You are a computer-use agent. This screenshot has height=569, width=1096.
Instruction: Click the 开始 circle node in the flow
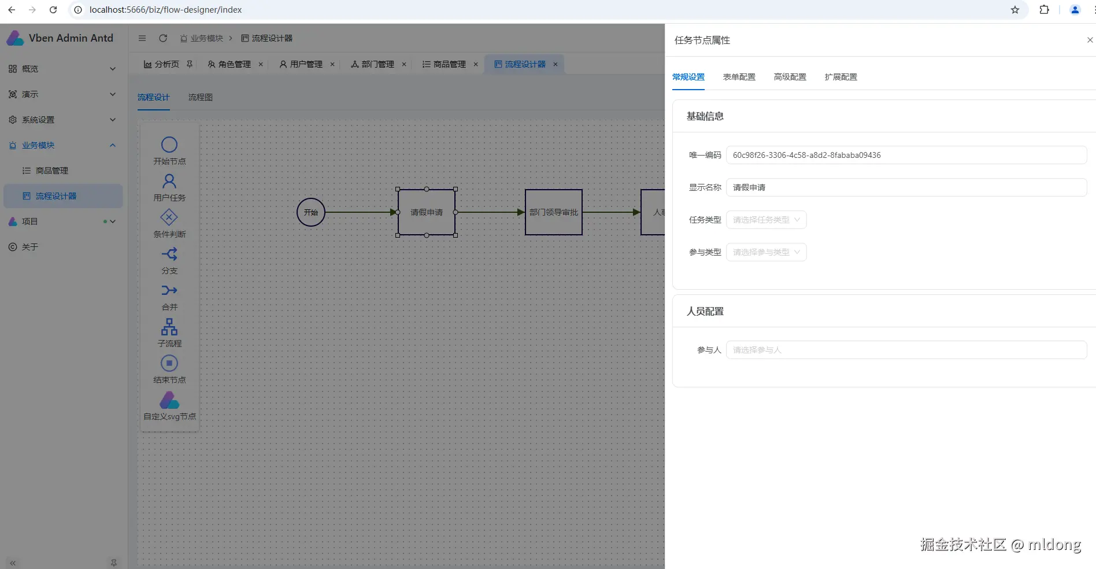(311, 212)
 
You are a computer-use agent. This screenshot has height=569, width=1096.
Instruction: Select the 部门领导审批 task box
(553, 212)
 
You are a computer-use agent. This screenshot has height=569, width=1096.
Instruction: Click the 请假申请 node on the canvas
(427, 212)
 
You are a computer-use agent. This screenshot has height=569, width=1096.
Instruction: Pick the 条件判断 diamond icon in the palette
(169, 217)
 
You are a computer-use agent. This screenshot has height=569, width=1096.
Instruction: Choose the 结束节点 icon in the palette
(169, 363)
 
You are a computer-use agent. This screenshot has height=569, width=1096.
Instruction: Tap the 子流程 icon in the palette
(169, 327)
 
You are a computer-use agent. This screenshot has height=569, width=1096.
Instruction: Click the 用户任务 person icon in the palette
(169, 181)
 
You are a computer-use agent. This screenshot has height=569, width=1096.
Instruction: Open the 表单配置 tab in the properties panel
(739, 77)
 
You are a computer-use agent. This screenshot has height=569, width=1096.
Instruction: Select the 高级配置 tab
(790, 77)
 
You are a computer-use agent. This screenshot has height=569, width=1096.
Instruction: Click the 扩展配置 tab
(840, 77)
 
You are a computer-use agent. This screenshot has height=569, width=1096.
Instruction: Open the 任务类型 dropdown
(766, 220)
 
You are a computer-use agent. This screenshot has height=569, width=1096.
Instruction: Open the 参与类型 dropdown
(766, 252)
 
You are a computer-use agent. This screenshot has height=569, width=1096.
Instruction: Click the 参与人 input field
(906, 350)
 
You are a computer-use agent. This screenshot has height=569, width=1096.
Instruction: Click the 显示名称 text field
(906, 187)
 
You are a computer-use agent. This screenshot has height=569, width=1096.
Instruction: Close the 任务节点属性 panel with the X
(1090, 40)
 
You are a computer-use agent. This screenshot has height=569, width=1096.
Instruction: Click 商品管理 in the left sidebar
(52, 171)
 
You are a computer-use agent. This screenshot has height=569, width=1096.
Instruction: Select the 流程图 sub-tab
(201, 97)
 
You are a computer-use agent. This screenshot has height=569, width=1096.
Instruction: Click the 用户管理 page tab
(306, 64)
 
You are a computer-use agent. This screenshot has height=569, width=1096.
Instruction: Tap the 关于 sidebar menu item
(30, 247)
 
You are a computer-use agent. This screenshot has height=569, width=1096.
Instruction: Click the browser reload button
(53, 10)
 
